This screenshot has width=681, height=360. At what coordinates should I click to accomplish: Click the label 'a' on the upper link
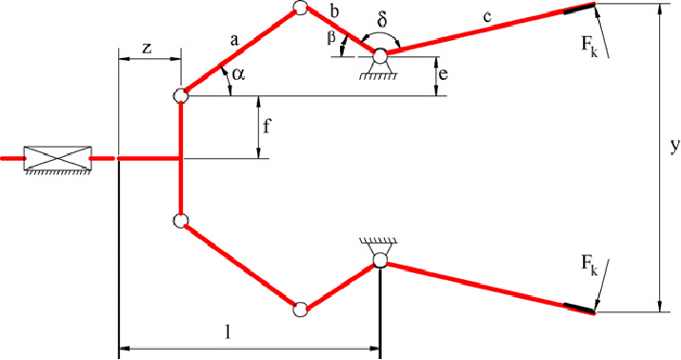point(234,41)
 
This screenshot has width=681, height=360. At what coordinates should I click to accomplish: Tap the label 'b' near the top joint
point(334,11)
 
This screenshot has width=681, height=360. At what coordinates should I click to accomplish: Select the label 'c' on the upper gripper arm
point(488,17)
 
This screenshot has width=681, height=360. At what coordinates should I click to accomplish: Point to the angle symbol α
point(238,74)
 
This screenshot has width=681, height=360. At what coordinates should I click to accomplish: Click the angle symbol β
point(331,38)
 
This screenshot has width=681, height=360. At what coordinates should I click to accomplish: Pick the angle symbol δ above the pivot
point(383,20)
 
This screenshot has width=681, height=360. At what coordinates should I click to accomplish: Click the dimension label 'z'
point(148,49)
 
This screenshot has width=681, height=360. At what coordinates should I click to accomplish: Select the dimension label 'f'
point(267,128)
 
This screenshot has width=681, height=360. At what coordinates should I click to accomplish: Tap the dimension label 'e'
point(443,74)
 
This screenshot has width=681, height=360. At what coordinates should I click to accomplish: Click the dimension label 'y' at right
point(674,147)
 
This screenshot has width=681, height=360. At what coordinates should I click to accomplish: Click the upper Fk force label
point(590,46)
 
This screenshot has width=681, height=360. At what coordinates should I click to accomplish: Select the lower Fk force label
point(590,265)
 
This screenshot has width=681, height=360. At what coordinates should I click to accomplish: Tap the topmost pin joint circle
point(300,8)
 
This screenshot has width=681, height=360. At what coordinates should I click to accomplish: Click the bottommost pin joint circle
point(300,310)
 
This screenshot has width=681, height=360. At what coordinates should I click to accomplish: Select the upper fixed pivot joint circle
point(380,56)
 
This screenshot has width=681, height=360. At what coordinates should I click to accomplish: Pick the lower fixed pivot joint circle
point(380,259)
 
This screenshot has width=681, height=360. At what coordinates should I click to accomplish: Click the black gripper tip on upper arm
point(579,9)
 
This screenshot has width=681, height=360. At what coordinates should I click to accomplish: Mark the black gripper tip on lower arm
point(579,308)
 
